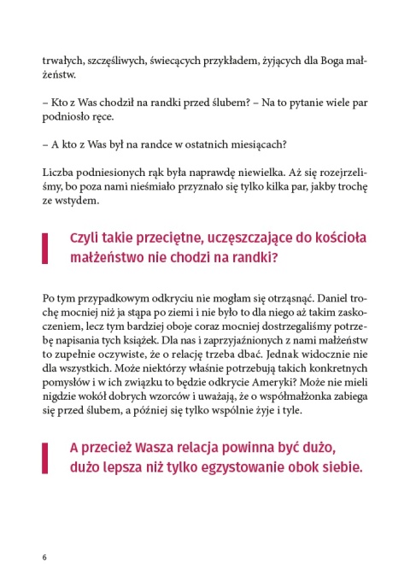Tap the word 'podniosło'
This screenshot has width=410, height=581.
pos(66,116)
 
